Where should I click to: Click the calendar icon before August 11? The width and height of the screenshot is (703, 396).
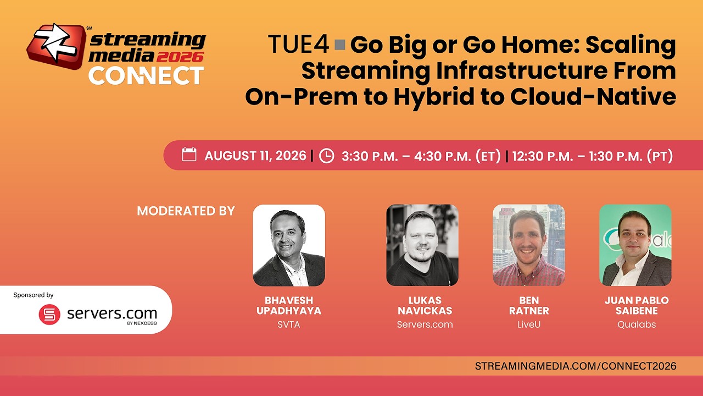click(x=189, y=155)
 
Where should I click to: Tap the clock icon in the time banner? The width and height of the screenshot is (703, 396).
click(x=326, y=156)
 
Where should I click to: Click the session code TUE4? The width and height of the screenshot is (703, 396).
click(x=298, y=45)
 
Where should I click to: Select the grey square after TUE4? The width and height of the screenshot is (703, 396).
click(x=340, y=45)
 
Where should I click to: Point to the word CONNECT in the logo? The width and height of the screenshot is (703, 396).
click(x=146, y=76)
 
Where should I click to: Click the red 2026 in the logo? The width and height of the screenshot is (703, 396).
click(x=180, y=57)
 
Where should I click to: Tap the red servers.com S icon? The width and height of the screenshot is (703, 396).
click(x=49, y=314)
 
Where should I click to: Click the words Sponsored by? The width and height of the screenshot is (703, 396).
click(x=34, y=295)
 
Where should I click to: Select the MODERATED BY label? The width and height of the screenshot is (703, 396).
click(x=186, y=211)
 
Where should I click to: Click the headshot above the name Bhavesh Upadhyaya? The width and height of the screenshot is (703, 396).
click(x=289, y=245)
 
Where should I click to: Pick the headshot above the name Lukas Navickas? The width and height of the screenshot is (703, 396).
click(x=422, y=245)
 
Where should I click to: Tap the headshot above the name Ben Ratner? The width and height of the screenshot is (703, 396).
click(x=529, y=245)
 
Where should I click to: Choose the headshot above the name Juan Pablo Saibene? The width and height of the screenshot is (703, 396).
click(x=635, y=245)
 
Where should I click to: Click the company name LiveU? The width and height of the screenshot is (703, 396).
click(x=529, y=324)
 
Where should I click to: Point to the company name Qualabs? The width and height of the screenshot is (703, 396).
click(x=637, y=324)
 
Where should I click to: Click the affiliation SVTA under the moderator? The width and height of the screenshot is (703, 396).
click(x=289, y=324)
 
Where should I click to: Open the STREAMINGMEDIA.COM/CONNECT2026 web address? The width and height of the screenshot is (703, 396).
click(x=576, y=366)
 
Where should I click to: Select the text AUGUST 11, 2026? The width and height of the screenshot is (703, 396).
click(x=255, y=156)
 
